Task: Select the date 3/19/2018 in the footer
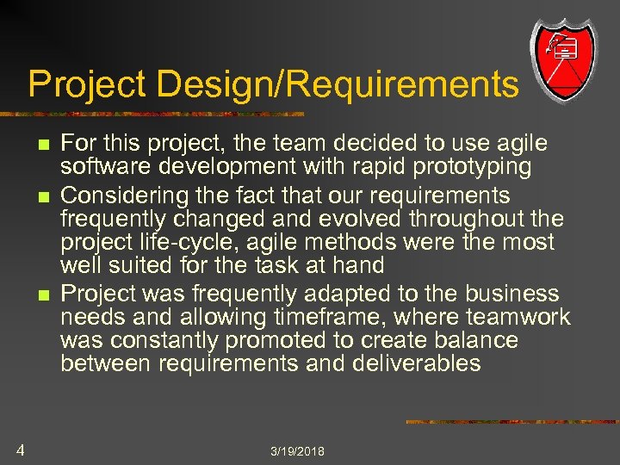[x=297, y=451]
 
